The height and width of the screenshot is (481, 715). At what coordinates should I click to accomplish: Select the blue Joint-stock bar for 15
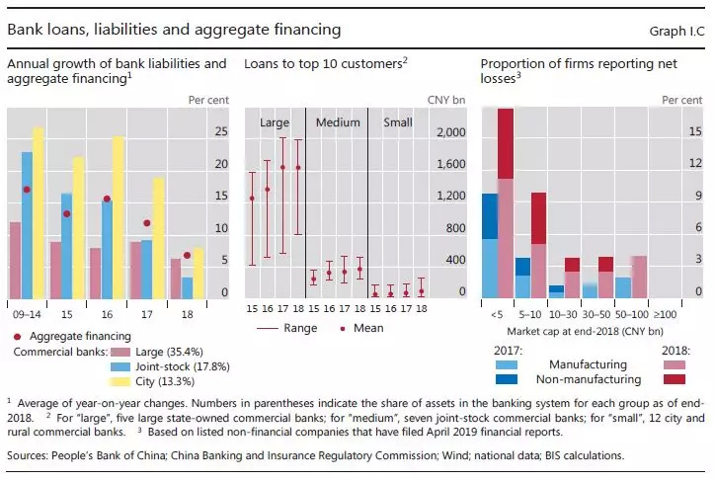click(65, 246)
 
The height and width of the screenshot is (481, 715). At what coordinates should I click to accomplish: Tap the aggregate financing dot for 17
click(146, 223)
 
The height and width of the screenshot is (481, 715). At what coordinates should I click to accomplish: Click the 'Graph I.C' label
click(675, 31)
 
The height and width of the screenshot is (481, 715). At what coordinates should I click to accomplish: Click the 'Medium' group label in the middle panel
click(337, 122)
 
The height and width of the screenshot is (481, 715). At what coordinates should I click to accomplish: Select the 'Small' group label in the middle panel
click(398, 122)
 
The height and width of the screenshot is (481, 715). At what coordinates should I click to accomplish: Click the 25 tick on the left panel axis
click(221, 131)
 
